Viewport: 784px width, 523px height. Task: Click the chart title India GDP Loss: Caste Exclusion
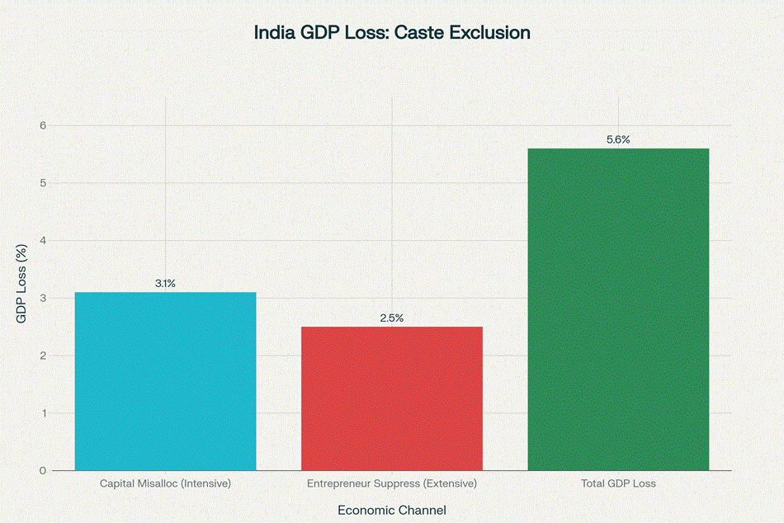[392, 34]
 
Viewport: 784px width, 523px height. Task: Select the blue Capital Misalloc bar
[165, 381]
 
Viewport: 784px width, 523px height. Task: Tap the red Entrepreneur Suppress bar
[392, 398]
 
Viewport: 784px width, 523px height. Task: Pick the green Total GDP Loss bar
[618, 309]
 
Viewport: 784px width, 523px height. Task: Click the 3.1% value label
[165, 284]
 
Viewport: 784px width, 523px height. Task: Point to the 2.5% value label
[392, 318]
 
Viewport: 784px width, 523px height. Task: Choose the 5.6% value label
[618, 139]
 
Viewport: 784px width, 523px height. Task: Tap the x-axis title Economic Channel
[392, 510]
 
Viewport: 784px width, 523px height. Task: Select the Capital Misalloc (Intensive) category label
[165, 483]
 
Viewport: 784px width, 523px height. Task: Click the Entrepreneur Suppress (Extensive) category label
[392, 483]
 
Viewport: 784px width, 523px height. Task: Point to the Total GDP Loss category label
[618, 483]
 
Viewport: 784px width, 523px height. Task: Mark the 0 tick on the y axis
[43, 471]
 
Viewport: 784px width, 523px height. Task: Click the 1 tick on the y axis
[43, 413]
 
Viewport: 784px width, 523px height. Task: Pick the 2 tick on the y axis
[43, 356]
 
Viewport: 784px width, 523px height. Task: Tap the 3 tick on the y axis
[43, 298]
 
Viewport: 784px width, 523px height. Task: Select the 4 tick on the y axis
[43, 241]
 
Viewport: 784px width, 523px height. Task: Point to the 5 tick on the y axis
[43, 183]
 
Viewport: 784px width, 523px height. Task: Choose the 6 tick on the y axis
[43, 125]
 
